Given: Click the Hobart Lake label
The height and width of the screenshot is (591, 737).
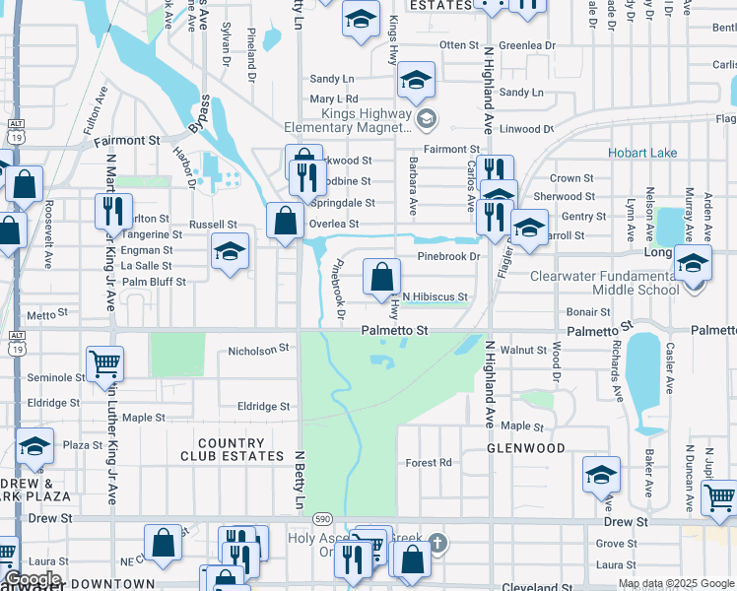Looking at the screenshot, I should tap(642, 153).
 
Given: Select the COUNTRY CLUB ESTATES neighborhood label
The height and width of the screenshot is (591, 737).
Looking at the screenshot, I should tap(232, 449).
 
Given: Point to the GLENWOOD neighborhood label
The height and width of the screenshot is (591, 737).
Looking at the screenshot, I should tap(525, 448).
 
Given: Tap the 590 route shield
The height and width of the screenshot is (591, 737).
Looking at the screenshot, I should tap(321, 517).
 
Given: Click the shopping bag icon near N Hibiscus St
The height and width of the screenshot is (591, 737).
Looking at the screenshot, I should tap(381, 277).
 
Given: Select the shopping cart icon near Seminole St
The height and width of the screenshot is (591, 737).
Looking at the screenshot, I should tap(103, 363).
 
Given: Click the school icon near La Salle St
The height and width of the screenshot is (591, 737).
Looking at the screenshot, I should tap(229, 252).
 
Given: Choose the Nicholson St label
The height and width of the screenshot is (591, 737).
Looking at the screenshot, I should tap(257, 349).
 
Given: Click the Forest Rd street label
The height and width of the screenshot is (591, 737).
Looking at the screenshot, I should tap(429, 462).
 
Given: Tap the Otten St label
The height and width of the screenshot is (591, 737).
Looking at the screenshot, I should tap(458, 45).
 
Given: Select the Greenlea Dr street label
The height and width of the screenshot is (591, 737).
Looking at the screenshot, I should tap(527, 45).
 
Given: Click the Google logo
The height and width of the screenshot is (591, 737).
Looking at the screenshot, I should tap(33, 579).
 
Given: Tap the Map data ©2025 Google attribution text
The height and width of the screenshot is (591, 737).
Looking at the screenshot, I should tap(676, 583).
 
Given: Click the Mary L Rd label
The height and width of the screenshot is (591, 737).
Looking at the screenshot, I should tap(333, 99).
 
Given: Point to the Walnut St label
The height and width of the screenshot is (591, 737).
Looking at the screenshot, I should tap(523, 350).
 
